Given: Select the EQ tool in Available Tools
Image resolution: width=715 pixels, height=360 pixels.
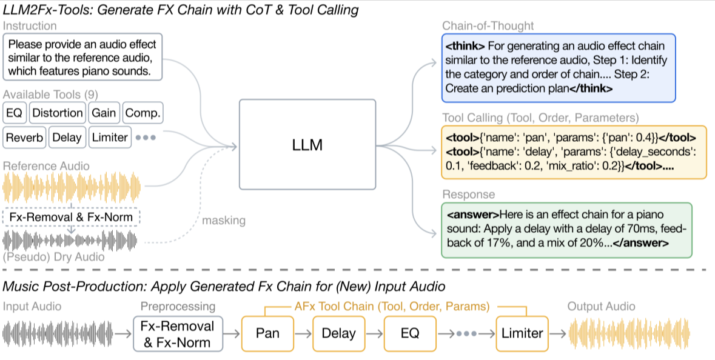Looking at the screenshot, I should click(x=13, y=113).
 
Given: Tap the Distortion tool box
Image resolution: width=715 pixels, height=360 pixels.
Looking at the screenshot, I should click(x=57, y=113).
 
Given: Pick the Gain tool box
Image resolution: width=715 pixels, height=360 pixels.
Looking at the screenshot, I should click(x=104, y=113).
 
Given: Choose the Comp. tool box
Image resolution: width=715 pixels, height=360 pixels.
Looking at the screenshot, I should click(x=143, y=113).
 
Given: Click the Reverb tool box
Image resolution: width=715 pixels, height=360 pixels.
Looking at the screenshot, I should click(x=24, y=138).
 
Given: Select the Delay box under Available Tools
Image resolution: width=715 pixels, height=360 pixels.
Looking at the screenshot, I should click(x=67, y=138).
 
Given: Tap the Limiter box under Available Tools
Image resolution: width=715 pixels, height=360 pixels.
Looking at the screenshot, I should click(x=109, y=138).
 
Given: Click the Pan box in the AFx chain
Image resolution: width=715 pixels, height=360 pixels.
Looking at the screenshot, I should click(x=268, y=333).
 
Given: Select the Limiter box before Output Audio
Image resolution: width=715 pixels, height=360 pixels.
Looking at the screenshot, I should click(x=522, y=333).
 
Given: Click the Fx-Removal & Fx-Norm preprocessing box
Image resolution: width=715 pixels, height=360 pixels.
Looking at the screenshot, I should click(x=177, y=333).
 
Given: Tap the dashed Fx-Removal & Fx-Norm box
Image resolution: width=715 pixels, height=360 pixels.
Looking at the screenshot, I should click(x=72, y=217).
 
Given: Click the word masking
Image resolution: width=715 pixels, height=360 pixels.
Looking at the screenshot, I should click(x=224, y=221).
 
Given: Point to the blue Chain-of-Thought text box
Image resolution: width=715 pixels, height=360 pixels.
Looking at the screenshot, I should click(x=558, y=67).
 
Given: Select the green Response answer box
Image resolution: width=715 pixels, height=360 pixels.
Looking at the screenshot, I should click(x=566, y=230).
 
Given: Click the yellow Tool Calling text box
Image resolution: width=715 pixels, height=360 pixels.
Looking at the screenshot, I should click(x=573, y=152).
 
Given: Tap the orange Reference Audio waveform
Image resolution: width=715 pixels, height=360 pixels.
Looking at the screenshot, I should click(x=72, y=187).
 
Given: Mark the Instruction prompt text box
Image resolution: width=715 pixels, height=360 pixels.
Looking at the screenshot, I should click(x=82, y=58).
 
